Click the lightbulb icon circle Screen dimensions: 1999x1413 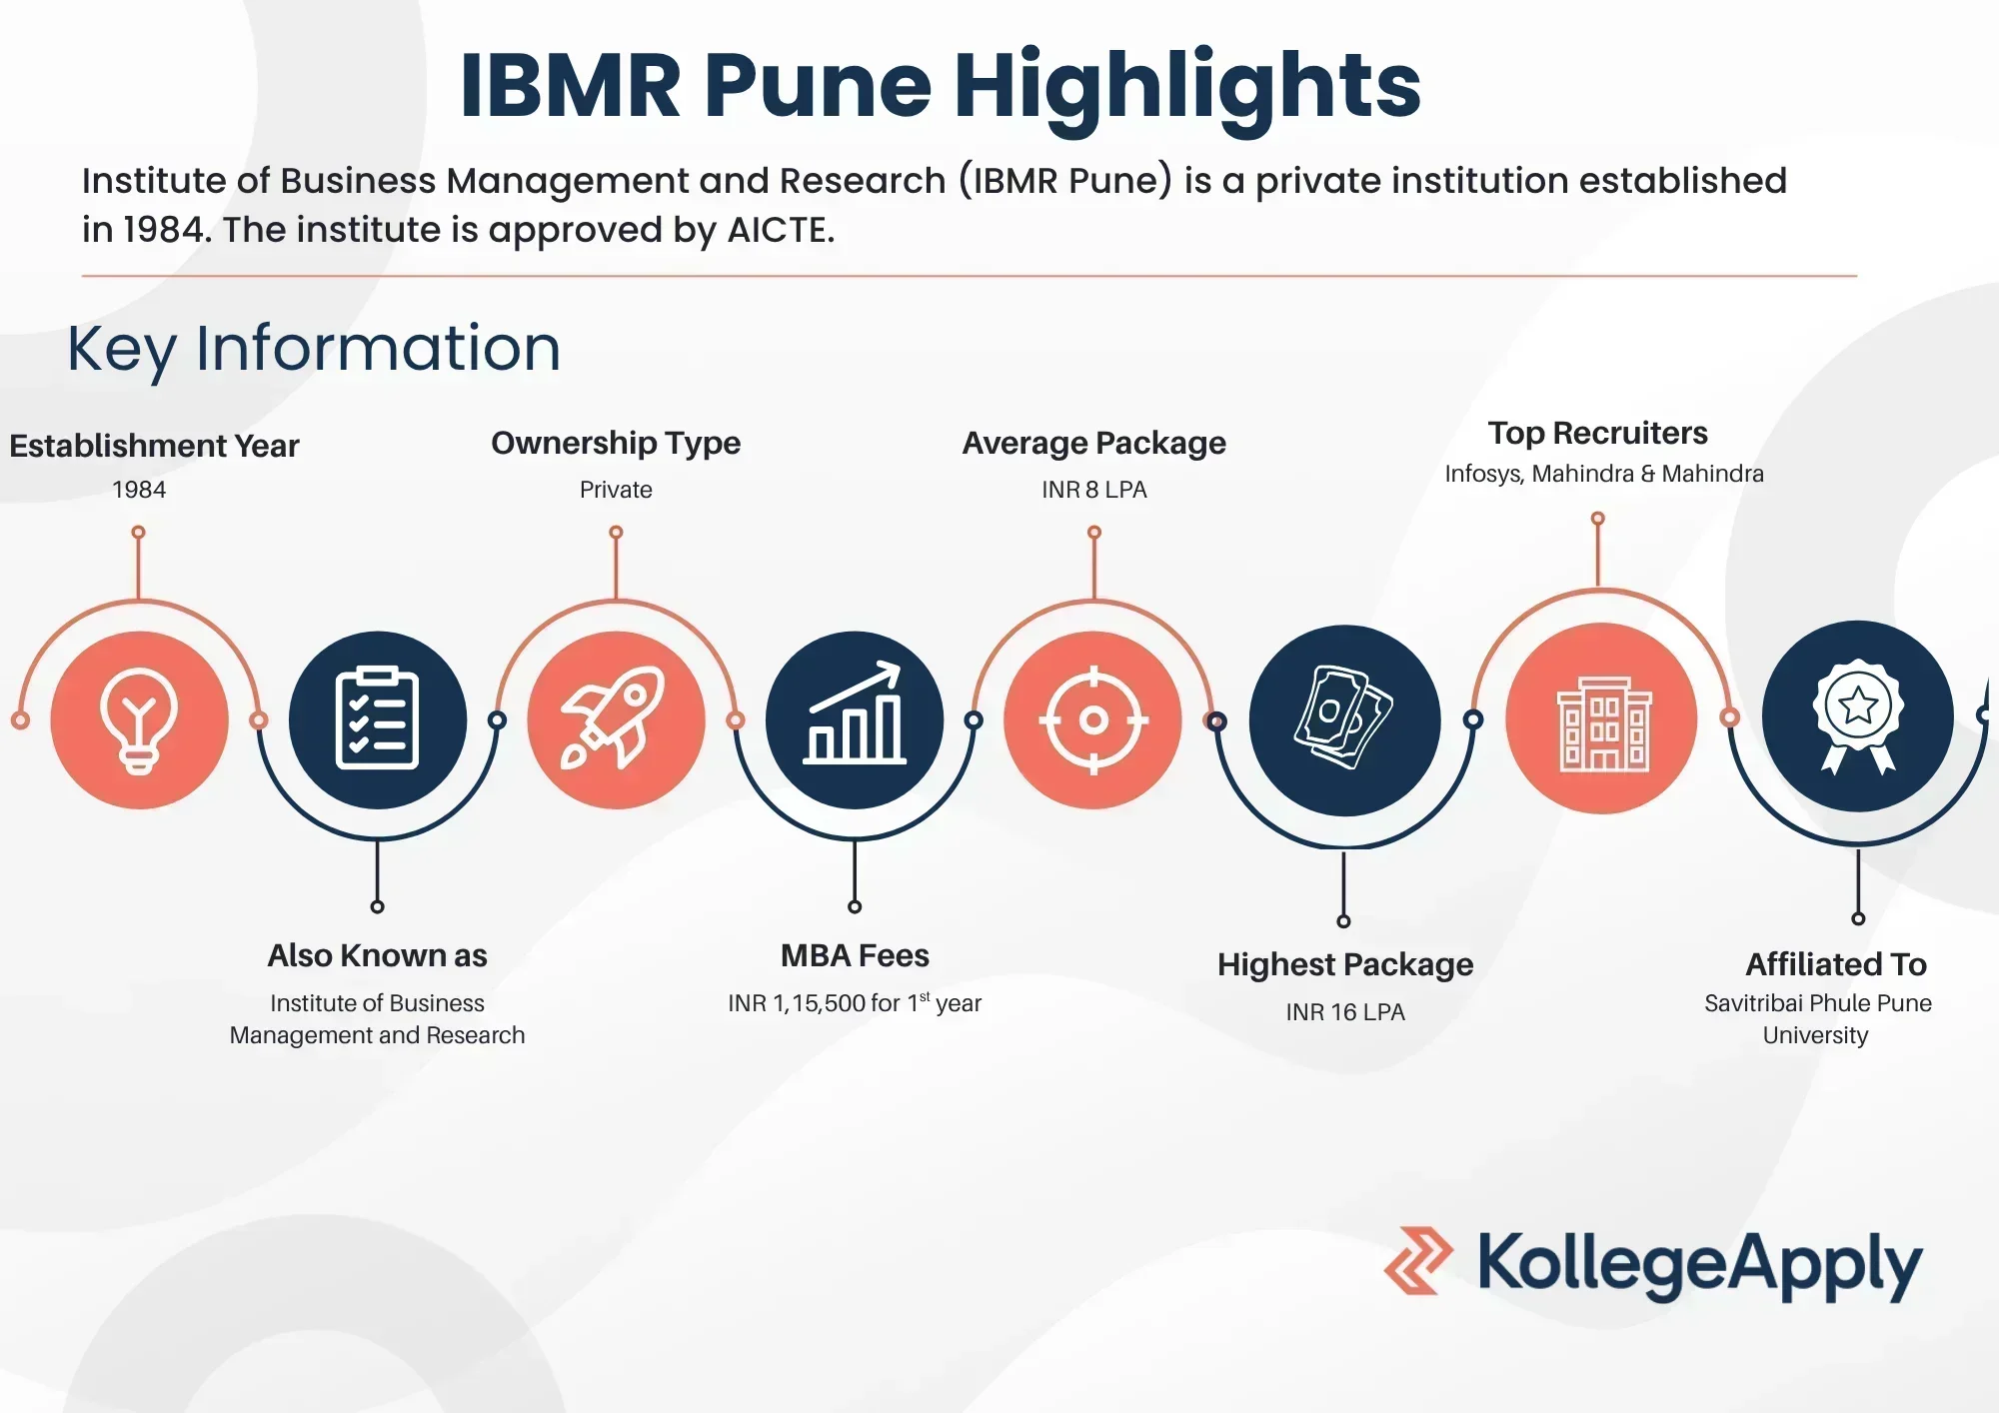click(140, 719)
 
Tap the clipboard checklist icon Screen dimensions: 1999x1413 click(378, 719)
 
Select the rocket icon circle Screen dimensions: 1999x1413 click(617, 719)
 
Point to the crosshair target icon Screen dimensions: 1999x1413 click(1093, 719)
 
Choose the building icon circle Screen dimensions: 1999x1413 click(1602, 718)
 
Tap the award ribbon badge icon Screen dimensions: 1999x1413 click(1858, 716)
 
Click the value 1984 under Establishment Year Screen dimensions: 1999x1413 click(139, 490)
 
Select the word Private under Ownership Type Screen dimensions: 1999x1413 click(616, 490)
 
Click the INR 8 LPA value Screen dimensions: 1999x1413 click(1094, 490)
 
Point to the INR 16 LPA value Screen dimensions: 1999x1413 click(1345, 1012)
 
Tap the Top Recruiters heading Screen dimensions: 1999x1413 click(1598, 433)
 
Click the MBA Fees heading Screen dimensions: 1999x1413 click(855, 955)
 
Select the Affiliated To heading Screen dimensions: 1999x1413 click(1836, 964)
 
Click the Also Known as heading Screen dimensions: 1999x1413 click(378, 955)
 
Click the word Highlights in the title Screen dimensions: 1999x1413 click(1187, 87)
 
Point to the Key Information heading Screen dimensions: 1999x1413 click(314, 350)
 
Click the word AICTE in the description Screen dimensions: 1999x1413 click(781, 231)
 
